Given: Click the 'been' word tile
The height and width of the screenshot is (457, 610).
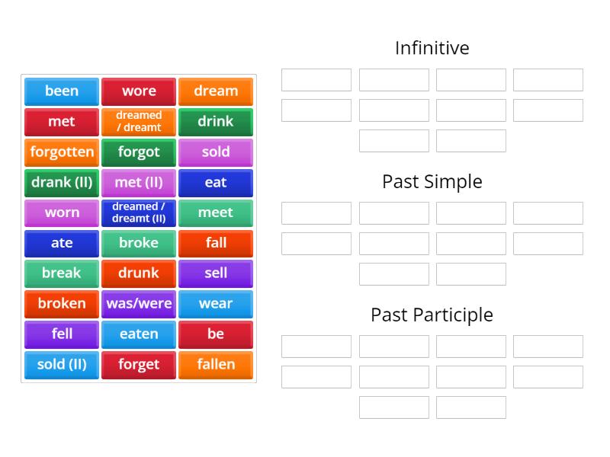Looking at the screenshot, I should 62,91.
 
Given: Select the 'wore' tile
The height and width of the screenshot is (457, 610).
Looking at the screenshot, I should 139,91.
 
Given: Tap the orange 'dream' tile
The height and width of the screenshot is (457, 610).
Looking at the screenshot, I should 216,91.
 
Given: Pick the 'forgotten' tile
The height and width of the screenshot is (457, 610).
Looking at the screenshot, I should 62,152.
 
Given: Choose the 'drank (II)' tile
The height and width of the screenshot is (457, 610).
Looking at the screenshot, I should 62,183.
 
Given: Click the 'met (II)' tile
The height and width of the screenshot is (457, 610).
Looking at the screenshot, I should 139,183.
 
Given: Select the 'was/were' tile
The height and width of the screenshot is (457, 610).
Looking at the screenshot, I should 139,304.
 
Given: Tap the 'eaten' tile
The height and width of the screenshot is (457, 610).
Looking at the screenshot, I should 139,334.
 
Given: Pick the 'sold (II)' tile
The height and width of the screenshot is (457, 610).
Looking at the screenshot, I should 62,365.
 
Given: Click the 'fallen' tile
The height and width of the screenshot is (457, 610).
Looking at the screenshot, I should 216,365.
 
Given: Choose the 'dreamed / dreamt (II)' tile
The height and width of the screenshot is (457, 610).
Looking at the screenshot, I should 139,213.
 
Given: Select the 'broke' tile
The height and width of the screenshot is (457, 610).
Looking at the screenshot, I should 139,243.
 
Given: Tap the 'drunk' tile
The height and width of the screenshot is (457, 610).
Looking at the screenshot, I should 139,273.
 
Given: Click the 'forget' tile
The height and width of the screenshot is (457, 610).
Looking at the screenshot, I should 139,365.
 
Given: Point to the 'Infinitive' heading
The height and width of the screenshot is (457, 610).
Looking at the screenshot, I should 432,48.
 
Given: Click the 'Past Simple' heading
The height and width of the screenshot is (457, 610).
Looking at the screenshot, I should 432,181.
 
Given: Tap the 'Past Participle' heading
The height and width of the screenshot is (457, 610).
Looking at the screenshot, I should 432,315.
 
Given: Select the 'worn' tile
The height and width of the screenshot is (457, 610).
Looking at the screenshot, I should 62,213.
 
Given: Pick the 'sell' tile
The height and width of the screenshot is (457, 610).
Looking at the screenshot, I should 216,273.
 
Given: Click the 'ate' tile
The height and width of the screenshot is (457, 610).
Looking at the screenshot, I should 62,243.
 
